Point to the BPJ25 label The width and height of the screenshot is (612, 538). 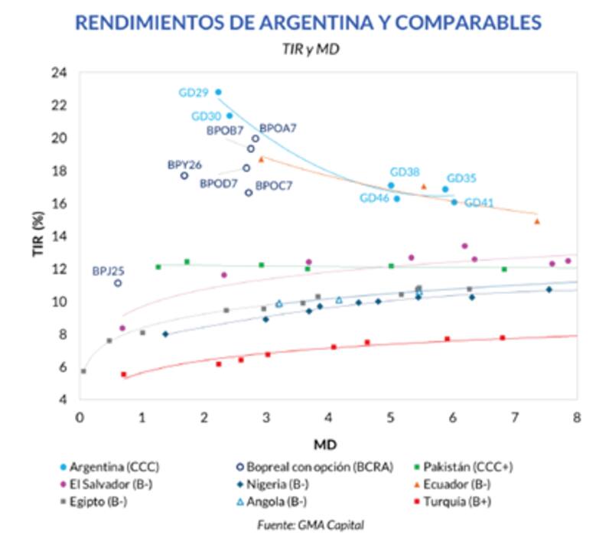108,270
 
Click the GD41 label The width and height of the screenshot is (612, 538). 480,203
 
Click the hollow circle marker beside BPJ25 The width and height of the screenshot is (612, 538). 118,283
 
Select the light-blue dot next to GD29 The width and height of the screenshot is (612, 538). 218,92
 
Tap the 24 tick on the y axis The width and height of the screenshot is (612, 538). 59,73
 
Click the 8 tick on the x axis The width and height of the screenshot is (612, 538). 576,417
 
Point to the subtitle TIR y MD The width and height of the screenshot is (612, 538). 305,48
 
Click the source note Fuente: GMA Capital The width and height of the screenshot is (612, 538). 306,525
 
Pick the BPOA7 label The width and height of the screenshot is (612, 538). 278,129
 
